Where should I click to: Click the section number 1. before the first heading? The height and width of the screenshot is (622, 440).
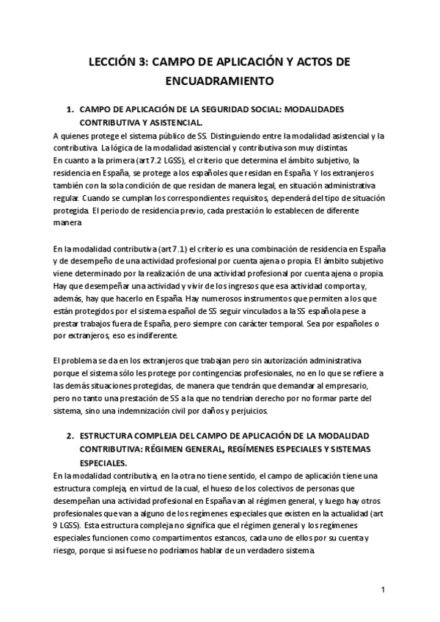[71, 109]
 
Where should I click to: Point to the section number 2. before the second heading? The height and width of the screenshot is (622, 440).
[71, 436]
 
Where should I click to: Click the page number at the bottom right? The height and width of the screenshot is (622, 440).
[383, 590]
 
